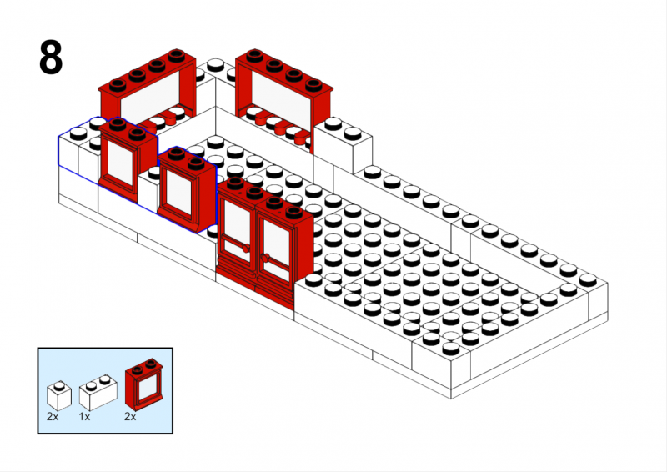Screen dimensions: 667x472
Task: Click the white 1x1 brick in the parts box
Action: (58, 396)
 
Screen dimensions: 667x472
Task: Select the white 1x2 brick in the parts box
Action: (98, 393)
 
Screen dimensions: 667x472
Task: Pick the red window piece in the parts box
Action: (143, 385)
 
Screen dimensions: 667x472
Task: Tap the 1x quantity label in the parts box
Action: (84, 417)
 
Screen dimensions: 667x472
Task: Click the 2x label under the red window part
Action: (130, 417)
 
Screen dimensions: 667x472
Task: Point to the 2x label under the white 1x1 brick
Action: (53, 417)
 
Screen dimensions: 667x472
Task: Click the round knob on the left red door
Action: (245, 249)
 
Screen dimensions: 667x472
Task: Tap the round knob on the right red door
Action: (265, 258)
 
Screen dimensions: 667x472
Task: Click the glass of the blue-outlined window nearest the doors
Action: (178, 192)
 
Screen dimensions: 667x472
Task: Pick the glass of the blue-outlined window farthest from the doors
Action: (120, 162)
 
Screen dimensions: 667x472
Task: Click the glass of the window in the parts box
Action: (147, 387)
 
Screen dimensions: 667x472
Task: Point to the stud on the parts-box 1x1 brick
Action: (59, 386)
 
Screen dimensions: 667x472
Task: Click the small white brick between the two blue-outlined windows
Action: (149, 192)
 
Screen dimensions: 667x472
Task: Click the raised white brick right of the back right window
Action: (343, 145)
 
